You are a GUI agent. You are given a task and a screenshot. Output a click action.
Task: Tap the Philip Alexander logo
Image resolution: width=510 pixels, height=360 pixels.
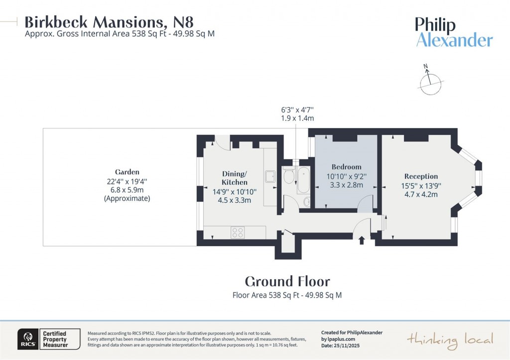[454, 32]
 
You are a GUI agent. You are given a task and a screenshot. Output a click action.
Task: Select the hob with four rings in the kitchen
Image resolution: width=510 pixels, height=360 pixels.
[238, 233]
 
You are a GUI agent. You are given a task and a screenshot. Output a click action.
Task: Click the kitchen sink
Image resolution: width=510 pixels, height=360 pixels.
[271, 177]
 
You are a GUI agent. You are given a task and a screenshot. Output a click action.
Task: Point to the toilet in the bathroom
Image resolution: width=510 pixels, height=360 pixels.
[288, 176]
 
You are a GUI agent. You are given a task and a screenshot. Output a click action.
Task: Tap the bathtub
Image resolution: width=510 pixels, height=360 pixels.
[303, 180]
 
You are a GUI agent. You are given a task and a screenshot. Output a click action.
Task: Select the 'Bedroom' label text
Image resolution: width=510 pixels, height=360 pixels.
[346, 167]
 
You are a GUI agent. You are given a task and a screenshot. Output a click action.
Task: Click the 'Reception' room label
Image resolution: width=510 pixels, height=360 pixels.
[421, 176]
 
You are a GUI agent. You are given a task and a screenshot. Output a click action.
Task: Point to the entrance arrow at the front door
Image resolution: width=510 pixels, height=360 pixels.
[362, 241]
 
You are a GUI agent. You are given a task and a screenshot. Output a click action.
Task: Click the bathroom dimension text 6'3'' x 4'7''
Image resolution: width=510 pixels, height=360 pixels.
[297, 110]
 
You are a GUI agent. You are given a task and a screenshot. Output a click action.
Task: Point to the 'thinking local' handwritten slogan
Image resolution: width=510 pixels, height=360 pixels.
[450, 340]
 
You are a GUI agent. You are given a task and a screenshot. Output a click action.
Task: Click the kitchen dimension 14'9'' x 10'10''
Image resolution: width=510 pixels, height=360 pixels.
[234, 192]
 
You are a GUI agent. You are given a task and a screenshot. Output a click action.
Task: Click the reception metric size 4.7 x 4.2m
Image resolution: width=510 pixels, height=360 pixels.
[421, 194]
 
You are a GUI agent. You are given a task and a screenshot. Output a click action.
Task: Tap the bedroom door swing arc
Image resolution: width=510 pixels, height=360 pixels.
[365, 202]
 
